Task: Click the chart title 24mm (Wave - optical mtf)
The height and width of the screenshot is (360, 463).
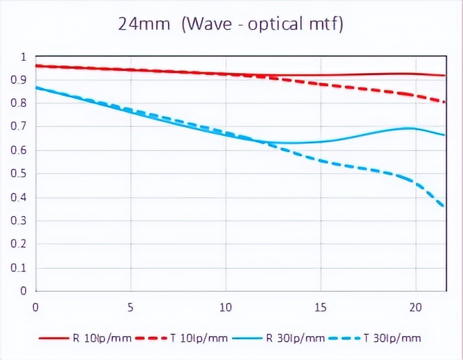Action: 231,24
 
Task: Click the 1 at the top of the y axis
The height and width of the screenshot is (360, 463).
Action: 23,57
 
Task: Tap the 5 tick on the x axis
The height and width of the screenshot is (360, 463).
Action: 130,308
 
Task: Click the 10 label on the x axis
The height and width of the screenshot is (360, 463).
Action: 225,308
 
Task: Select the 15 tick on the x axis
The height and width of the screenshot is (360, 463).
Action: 320,308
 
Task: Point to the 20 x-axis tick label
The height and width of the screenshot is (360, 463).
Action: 415,308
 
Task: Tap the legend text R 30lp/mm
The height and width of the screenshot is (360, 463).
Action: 295,338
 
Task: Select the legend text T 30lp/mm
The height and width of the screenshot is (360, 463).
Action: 394,338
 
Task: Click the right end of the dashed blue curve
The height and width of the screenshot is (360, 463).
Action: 444,207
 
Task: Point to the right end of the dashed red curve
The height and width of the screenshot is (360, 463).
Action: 444,102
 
